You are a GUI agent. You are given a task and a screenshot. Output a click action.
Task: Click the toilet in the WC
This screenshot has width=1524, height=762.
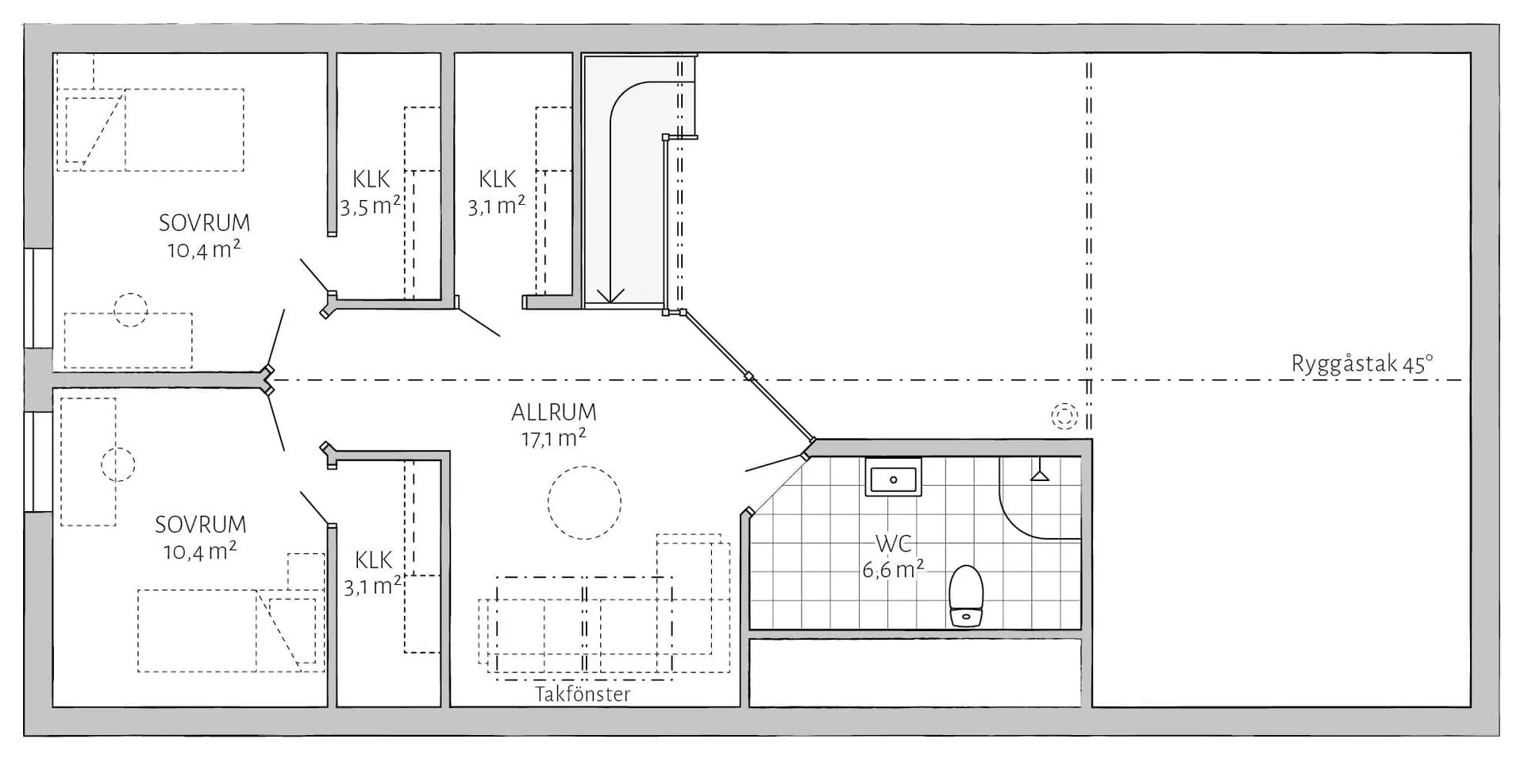pyautogui.click(x=966, y=596)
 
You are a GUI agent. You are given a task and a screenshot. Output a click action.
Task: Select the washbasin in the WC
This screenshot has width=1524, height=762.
pyautogui.click(x=893, y=479)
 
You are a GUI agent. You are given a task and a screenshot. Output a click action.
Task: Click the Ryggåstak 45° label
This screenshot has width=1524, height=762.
pyautogui.click(x=1361, y=364)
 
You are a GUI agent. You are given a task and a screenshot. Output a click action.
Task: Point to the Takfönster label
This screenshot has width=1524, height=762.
pyautogui.click(x=583, y=695)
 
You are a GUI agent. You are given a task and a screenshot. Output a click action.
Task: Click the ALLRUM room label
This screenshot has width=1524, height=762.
pyautogui.click(x=553, y=413)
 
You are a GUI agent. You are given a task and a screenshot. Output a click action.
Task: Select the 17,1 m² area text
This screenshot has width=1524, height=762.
pyautogui.click(x=553, y=437)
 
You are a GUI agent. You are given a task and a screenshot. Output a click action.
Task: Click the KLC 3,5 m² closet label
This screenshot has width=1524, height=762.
pyautogui.click(x=370, y=193)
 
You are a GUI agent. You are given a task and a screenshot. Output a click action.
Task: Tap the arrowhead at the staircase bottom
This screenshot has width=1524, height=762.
pyautogui.click(x=610, y=296)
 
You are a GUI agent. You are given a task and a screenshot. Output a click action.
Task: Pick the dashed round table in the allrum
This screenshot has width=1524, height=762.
pyautogui.click(x=584, y=502)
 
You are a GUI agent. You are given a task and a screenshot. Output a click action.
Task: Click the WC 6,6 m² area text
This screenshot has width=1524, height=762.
pyautogui.click(x=892, y=569)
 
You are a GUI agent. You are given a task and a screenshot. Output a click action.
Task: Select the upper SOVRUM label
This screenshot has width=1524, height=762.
pyautogui.click(x=204, y=223)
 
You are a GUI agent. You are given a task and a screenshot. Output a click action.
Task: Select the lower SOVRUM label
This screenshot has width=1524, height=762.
pyautogui.click(x=200, y=525)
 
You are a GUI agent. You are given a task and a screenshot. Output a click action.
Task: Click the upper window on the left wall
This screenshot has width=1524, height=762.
pyautogui.click(x=37, y=298)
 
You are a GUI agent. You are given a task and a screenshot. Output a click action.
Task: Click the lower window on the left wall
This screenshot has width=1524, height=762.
pyautogui.click(x=37, y=461)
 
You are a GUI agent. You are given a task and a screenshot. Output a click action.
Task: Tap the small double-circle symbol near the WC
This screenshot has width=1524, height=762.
pyautogui.click(x=1064, y=415)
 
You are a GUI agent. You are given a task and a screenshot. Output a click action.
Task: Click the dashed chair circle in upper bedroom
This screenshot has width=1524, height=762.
pyautogui.click(x=130, y=310)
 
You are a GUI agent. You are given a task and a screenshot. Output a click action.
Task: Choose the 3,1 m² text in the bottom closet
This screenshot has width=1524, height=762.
pyautogui.click(x=372, y=587)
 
